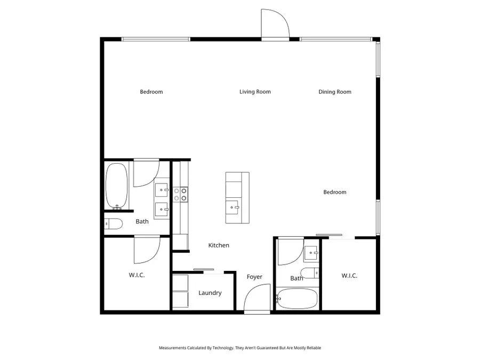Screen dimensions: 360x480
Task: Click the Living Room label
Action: (255, 92)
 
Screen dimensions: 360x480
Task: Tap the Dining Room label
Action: (335, 92)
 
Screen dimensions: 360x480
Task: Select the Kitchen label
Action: (219, 245)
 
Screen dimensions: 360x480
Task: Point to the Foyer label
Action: (254, 277)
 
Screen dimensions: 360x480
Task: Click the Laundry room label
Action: (210, 293)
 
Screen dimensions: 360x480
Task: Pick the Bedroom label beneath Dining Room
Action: (335, 192)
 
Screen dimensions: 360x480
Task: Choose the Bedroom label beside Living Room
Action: (151, 92)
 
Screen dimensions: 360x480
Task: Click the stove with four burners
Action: (180, 194)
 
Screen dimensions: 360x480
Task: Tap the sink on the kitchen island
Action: (234, 206)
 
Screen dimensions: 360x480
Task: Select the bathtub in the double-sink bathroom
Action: (116, 186)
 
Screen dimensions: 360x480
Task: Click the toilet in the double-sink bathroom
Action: (114, 223)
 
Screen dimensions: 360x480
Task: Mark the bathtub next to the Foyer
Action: (298, 299)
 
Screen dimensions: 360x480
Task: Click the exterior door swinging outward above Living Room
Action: (274, 26)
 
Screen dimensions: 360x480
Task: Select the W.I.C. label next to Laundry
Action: (137, 275)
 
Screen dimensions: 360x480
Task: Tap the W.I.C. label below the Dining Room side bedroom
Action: (349, 276)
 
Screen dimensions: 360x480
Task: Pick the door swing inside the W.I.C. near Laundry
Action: (146, 250)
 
